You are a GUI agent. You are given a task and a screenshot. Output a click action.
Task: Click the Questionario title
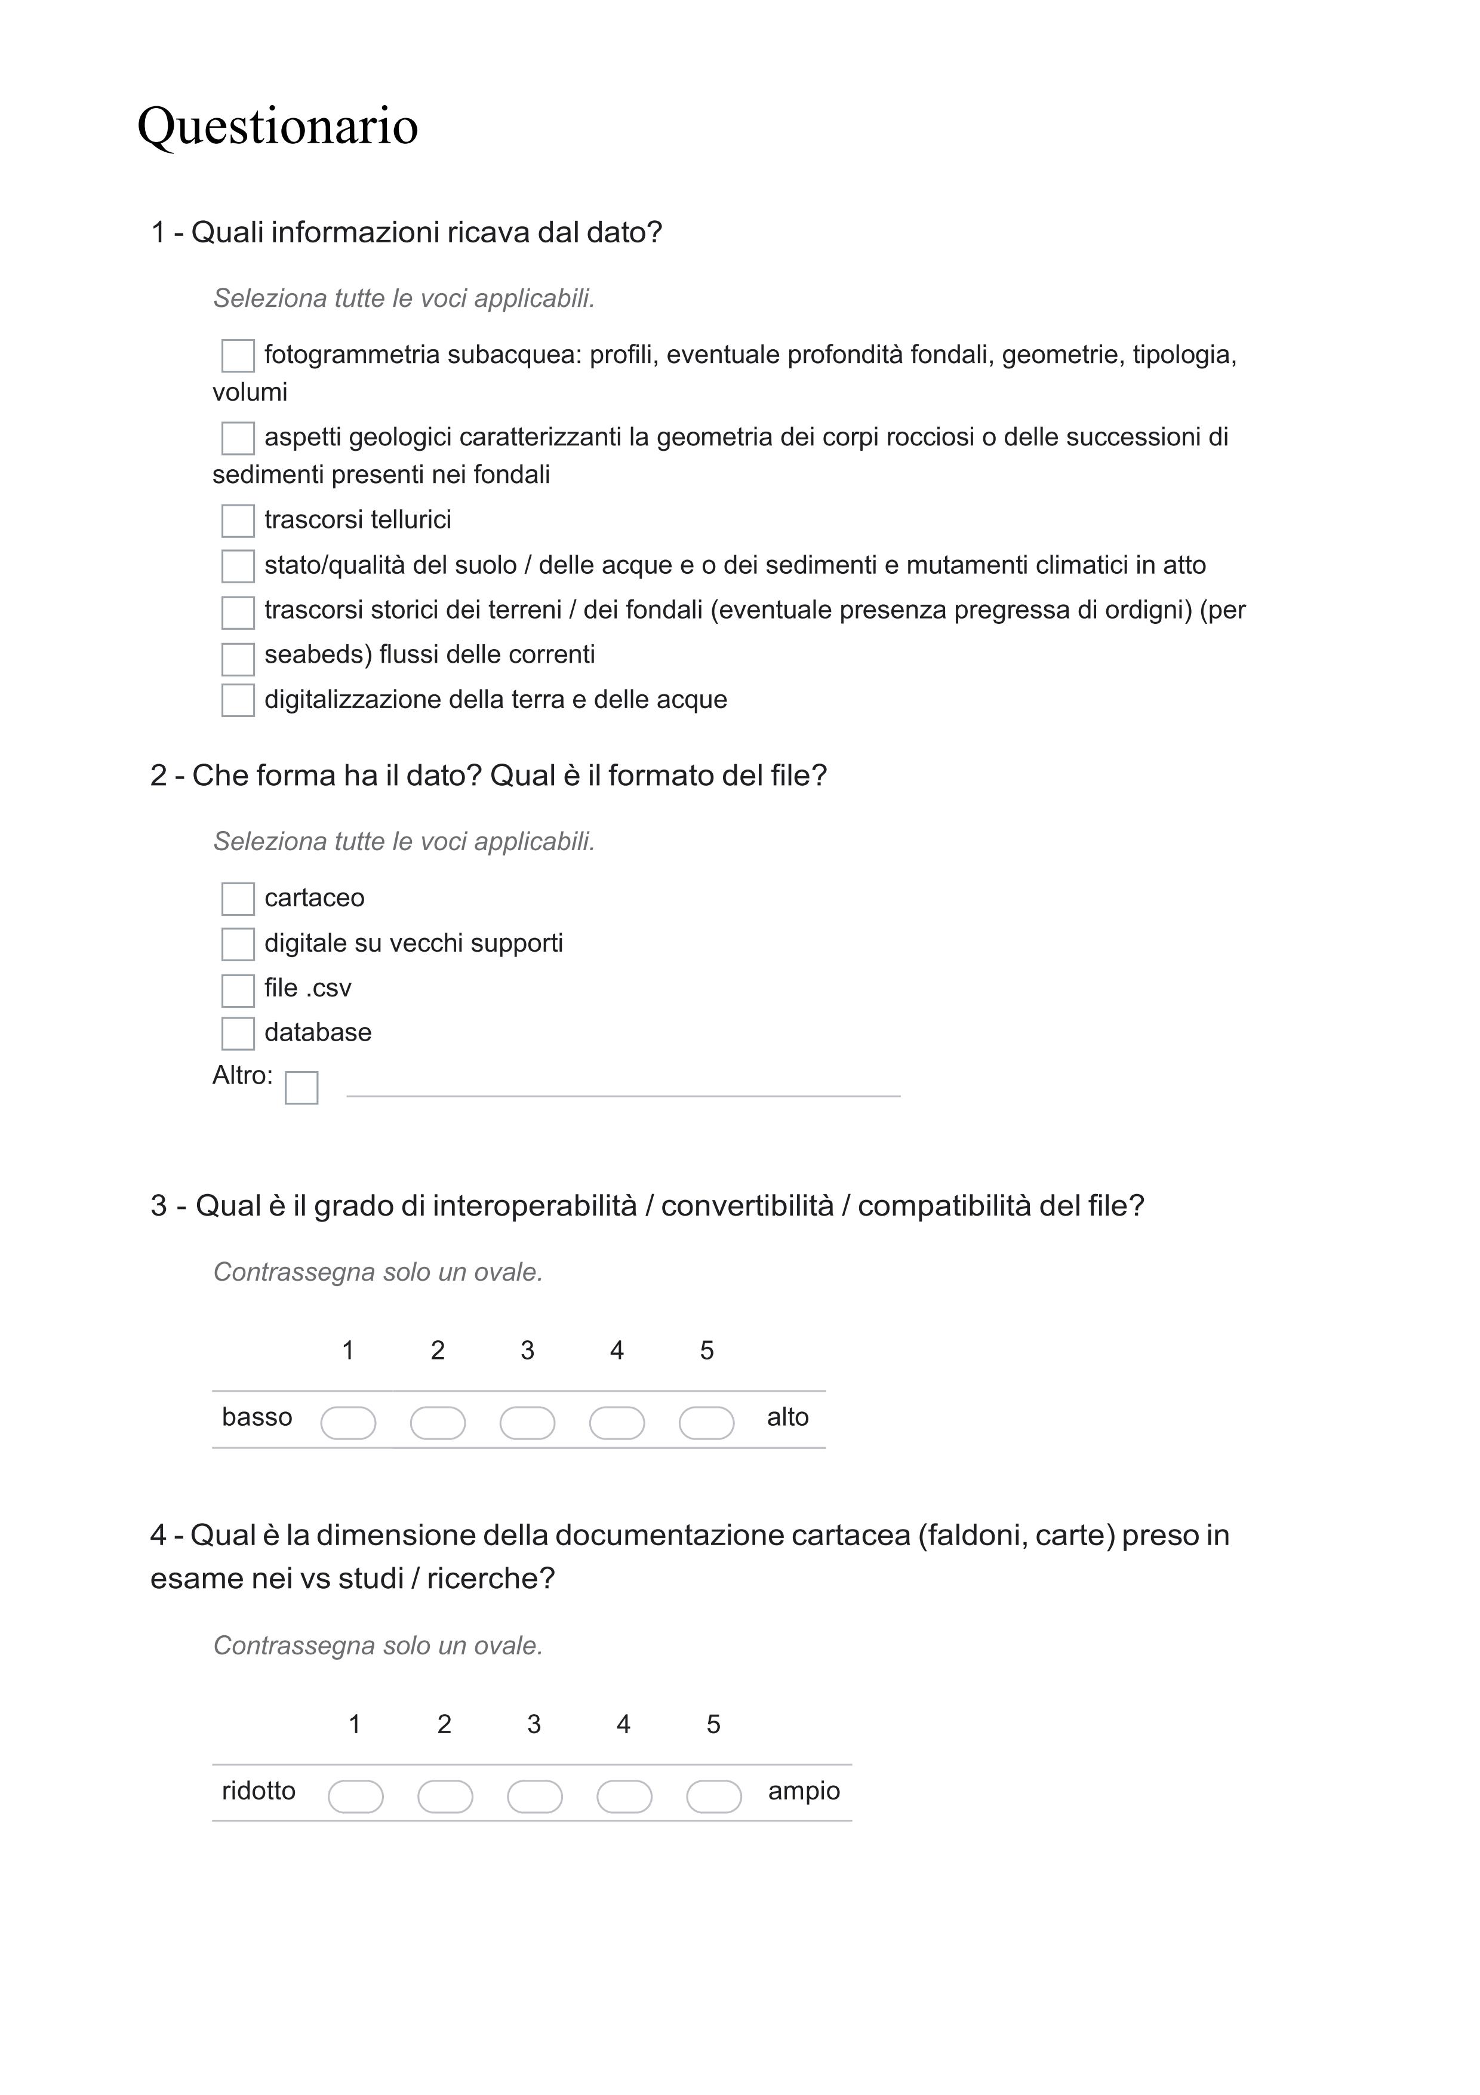point(278,126)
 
